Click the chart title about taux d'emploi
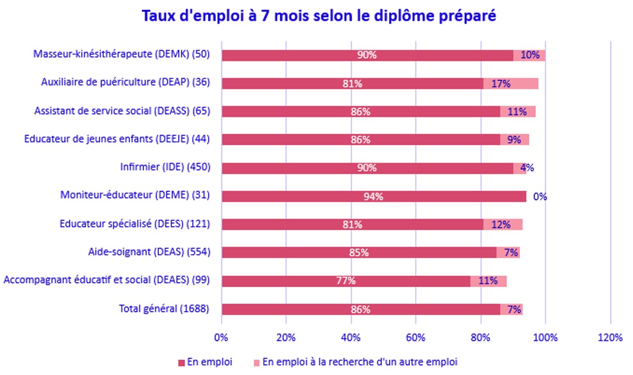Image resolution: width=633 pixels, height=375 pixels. point(319,16)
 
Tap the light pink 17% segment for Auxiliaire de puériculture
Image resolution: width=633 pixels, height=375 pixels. point(511,83)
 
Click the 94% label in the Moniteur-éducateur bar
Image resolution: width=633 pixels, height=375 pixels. point(373,197)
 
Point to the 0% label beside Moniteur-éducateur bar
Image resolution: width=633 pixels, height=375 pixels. point(540,197)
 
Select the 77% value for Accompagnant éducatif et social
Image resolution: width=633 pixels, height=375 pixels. point(346,281)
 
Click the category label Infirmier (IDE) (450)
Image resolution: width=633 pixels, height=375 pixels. point(165,167)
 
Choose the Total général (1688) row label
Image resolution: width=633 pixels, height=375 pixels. point(164,309)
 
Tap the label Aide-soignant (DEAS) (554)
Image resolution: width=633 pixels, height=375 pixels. point(149,252)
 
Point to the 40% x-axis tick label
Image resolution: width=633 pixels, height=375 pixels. point(351,337)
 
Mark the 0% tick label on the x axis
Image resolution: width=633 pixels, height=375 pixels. point(221,337)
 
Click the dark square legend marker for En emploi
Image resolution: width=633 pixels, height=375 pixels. point(181,362)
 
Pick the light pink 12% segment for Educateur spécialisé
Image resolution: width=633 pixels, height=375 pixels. point(503,225)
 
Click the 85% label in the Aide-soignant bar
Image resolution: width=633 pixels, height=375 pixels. point(360,253)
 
